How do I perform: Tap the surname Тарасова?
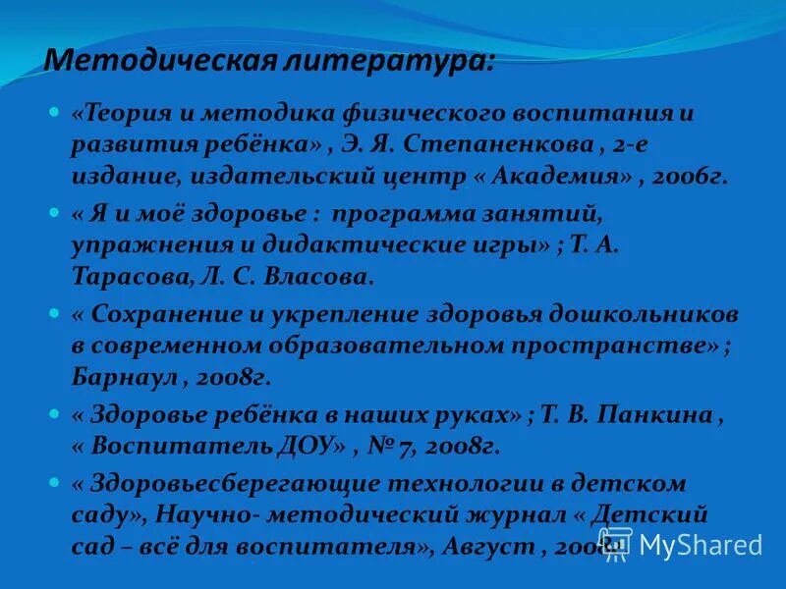[x=128, y=278]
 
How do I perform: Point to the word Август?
[x=487, y=547]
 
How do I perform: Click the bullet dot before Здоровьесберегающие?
[x=55, y=482]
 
